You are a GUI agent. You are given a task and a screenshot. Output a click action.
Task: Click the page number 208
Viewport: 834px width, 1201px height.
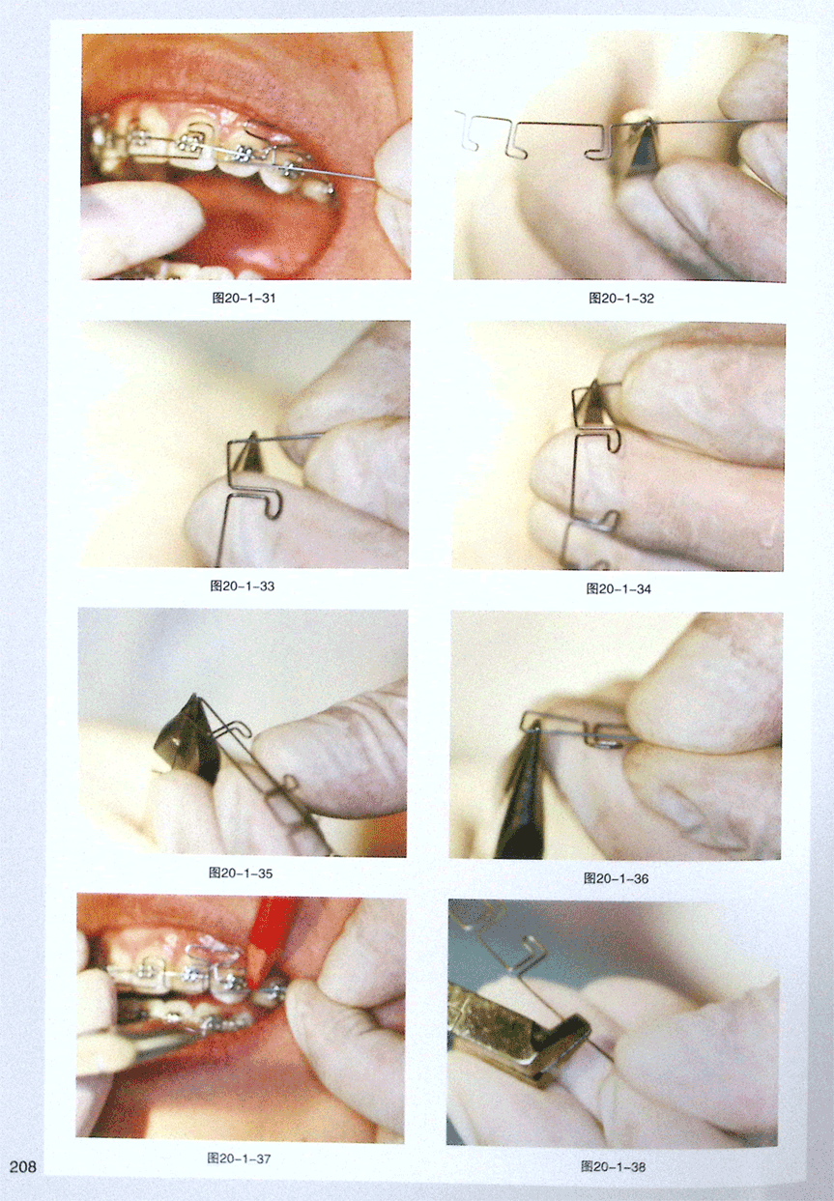pos(22,1166)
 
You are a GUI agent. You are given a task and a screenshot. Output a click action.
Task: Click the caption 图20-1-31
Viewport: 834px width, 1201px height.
pos(244,299)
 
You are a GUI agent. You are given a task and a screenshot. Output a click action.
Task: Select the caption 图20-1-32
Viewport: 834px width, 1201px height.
pos(621,299)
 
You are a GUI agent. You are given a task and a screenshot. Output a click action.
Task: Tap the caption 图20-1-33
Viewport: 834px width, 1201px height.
pos(243,586)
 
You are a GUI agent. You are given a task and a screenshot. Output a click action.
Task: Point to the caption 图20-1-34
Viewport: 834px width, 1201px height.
pos(618,588)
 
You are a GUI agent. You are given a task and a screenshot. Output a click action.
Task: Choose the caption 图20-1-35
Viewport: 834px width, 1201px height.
pos(241,873)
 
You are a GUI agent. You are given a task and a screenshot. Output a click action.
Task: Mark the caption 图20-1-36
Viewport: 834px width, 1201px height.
pos(617,878)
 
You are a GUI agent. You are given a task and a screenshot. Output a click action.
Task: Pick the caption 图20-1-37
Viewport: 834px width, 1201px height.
pos(240,1158)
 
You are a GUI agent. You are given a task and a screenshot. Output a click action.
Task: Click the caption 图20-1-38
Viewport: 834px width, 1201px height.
pos(613,1166)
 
